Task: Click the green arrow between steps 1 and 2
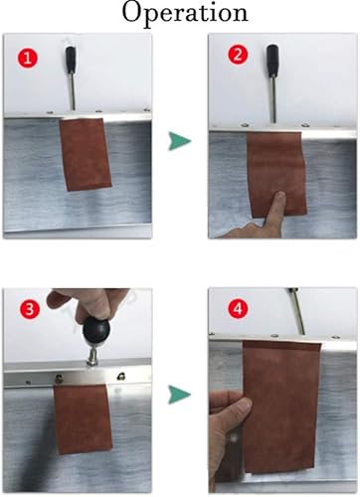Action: click(180, 144)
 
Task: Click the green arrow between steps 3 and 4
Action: click(180, 396)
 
